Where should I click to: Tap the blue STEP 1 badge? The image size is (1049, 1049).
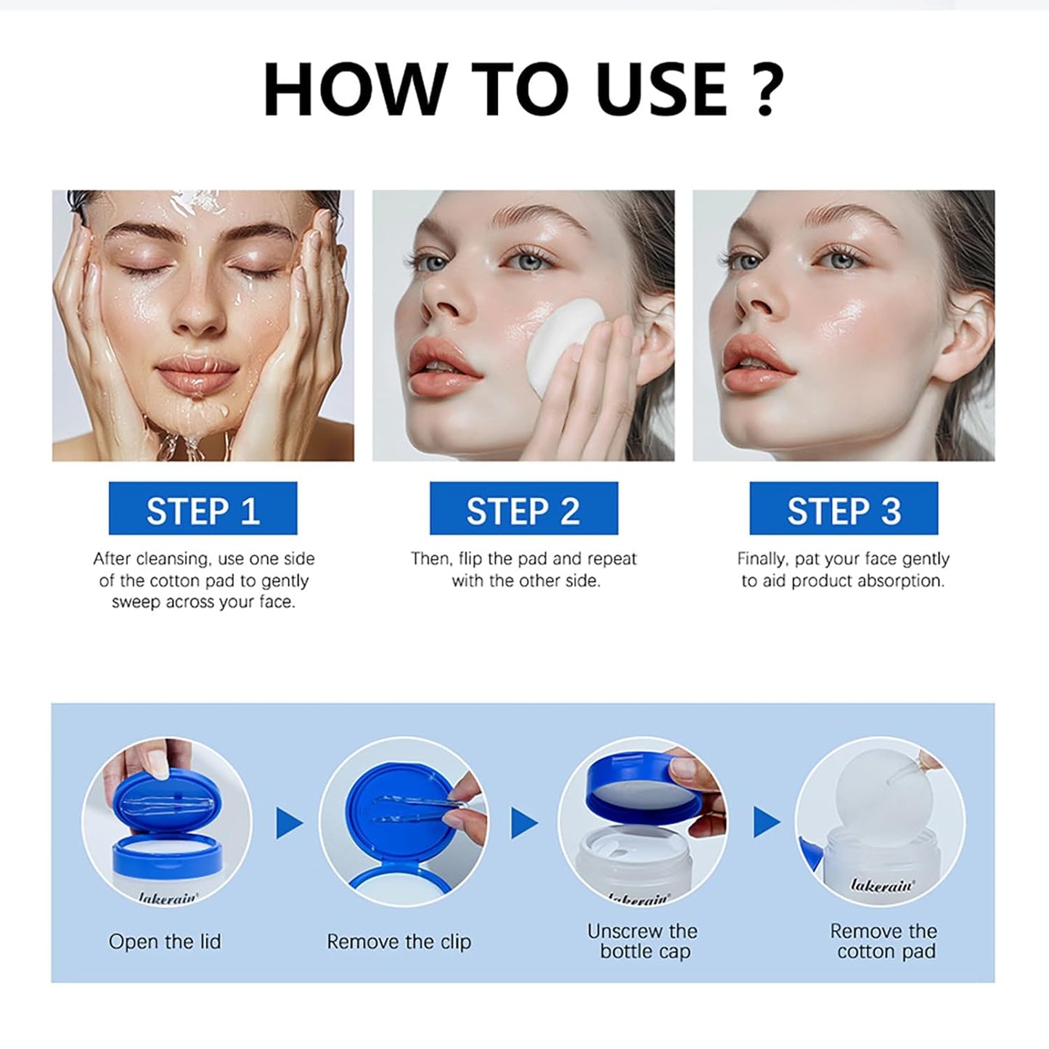pyautogui.click(x=203, y=509)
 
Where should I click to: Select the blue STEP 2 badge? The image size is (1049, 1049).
pyautogui.click(x=523, y=509)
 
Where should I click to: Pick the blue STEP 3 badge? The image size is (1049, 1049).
pyautogui.click(x=844, y=509)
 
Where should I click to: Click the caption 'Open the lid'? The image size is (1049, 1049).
pyautogui.click(x=165, y=942)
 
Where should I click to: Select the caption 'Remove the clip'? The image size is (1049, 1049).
pyautogui.click(x=399, y=942)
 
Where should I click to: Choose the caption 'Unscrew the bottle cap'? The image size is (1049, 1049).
pyautogui.click(x=642, y=941)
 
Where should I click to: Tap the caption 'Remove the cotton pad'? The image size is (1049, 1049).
pyautogui.click(x=883, y=941)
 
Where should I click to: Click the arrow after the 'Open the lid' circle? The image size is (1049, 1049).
pyautogui.click(x=289, y=823)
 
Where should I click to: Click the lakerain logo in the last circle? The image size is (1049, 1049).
pyautogui.click(x=882, y=886)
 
